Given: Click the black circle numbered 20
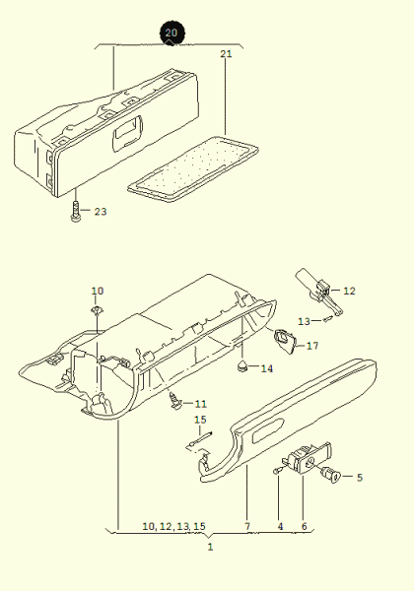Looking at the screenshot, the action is [172, 33].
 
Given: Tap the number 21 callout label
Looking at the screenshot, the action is [226, 54].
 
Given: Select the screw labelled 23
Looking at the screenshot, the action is [76, 211].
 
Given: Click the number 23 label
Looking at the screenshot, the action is [101, 212].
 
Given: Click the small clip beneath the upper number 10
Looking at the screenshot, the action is [97, 310].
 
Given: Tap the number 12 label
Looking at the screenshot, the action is [349, 291].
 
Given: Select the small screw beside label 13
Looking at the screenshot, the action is [327, 319].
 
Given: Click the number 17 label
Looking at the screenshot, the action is [312, 346].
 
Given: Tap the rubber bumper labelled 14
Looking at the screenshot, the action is [241, 365].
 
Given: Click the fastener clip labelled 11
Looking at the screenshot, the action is [174, 401].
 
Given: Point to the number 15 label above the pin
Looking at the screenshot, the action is [200, 420].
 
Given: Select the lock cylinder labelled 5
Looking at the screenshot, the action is [330, 475].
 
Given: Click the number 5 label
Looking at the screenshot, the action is [360, 478].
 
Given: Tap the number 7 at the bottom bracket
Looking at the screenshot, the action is [247, 527].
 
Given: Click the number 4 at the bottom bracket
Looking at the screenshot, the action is [280, 527].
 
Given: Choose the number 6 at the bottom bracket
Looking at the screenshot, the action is [304, 527].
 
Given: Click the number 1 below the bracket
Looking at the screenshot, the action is [210, 547].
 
